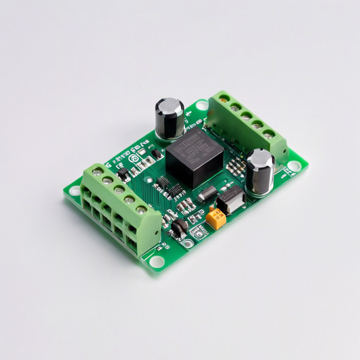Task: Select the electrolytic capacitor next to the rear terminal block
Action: (259, 170)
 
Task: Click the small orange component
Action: (216, 217)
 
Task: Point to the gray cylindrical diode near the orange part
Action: (207, 194)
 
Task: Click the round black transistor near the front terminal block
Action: (178, 226)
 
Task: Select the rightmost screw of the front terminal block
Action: (142, 210)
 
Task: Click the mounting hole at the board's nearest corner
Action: (157, 261)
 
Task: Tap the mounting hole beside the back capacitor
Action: (201, 105)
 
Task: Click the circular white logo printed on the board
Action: (134, 158)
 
